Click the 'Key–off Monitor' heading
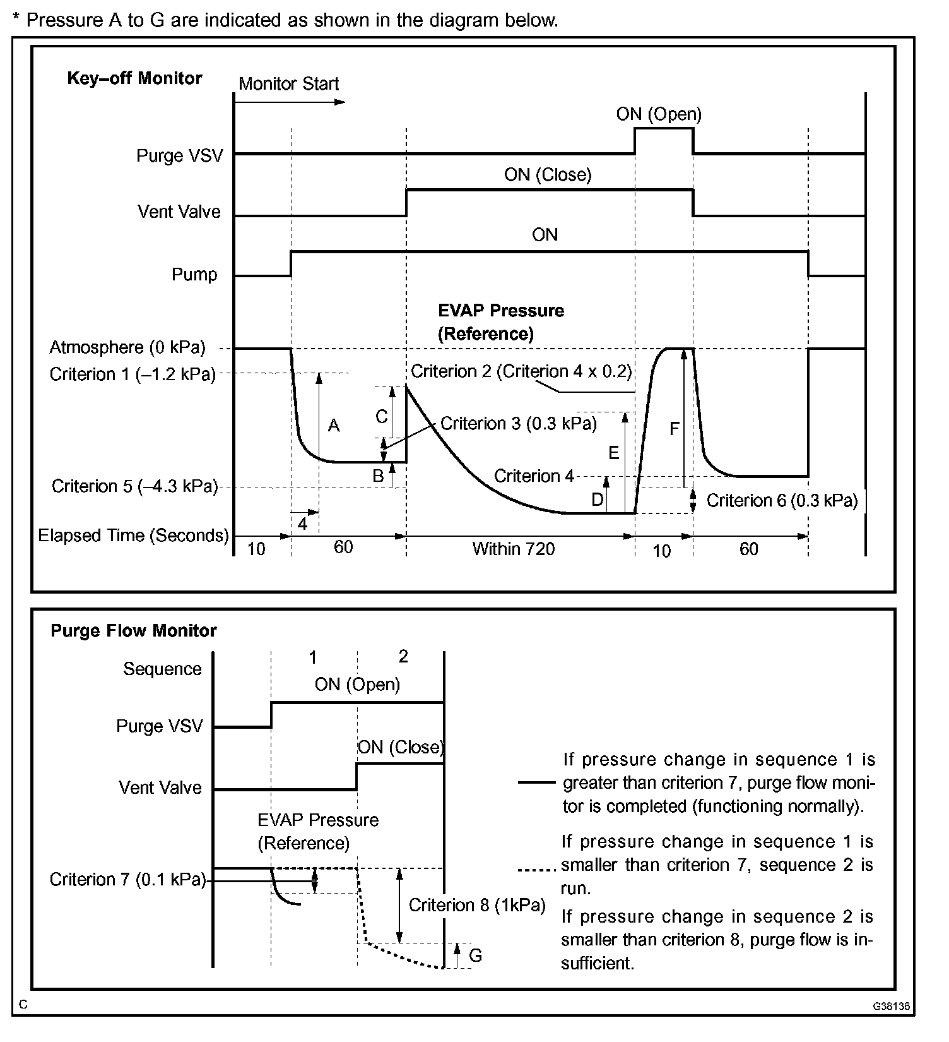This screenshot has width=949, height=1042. coord(134,78)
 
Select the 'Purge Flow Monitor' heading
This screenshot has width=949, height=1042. coord(134,631)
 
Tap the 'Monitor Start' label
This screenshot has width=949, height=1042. coord(288,84)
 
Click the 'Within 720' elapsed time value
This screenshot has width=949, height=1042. coord(514,549)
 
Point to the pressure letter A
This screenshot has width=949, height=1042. coord(334,426)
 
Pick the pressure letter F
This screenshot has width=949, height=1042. coord(674,429)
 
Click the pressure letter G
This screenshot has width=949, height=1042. coord(475,955)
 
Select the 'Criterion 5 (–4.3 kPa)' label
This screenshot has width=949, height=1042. coord(134,486)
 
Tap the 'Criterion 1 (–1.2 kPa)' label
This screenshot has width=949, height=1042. coord(133,374)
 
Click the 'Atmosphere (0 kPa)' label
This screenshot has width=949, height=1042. coord(127,347)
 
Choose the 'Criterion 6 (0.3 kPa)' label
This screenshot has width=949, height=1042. coord(782,501)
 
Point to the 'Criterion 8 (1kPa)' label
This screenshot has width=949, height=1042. coord(477,906)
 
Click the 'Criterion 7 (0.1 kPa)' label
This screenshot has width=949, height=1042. coord(128,880)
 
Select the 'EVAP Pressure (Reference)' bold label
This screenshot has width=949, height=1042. coord(501,322)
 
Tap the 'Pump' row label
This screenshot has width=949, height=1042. coord(194,275)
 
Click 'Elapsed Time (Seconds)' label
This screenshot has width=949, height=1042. coord(133,536)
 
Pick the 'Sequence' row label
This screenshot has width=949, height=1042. coord(162,669)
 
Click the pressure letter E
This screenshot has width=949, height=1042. coord(613,453)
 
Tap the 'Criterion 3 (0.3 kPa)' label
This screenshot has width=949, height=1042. coord(518,423)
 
